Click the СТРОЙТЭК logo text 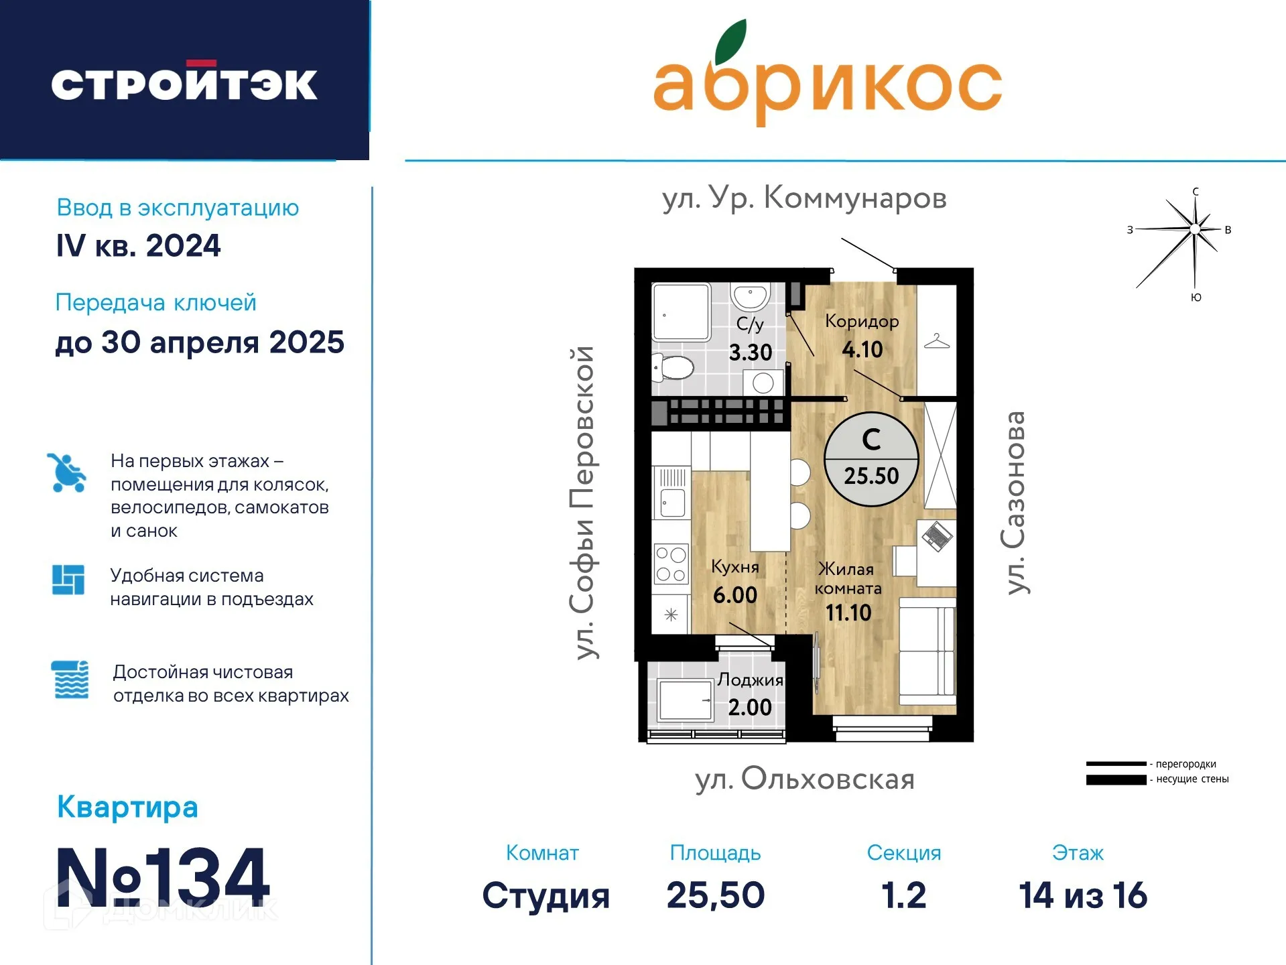pyautogui.click(x=184, y=84)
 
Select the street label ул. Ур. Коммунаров pyautogui.click(x=803, y=198)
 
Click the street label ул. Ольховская pyautogui.click(x=804, y=779)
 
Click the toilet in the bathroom pyautogui.click(x=674, y=367)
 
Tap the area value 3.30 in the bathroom pyautogui.click(x=750, y=352)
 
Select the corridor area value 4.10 pyautogui.click(x=862, y=350)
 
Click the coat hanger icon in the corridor pyautogui.click(x=936, y=342)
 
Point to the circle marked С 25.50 pyautogui.click(x=871, y=459)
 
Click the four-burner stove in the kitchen pyautogui.click(x=671, y=564)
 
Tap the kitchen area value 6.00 pyautogui.click(x=734, y=595)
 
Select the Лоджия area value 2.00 pyautogui.click(x=749, y=708)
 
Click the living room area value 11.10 pyautogui.click(x=848, y=613)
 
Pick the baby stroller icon pyautogui.click(x=66, y=473)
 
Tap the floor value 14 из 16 pyautogui.click(x=1082, y=895)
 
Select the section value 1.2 pyautogui.click(x=903, y=895)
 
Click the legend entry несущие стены pyautogui.click(x=1192, y=779)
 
